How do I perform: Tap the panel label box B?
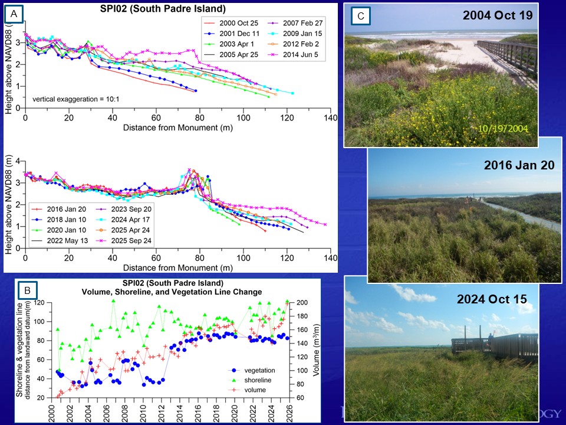point(28,290)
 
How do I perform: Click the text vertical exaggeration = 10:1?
point(70,99)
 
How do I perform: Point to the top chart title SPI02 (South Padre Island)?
point(163,9)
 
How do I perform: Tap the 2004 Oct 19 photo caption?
point(497,15)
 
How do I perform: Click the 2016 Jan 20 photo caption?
point(519,165)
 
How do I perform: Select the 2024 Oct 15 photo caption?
point(492,299)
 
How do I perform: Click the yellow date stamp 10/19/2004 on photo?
point(502,128)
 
